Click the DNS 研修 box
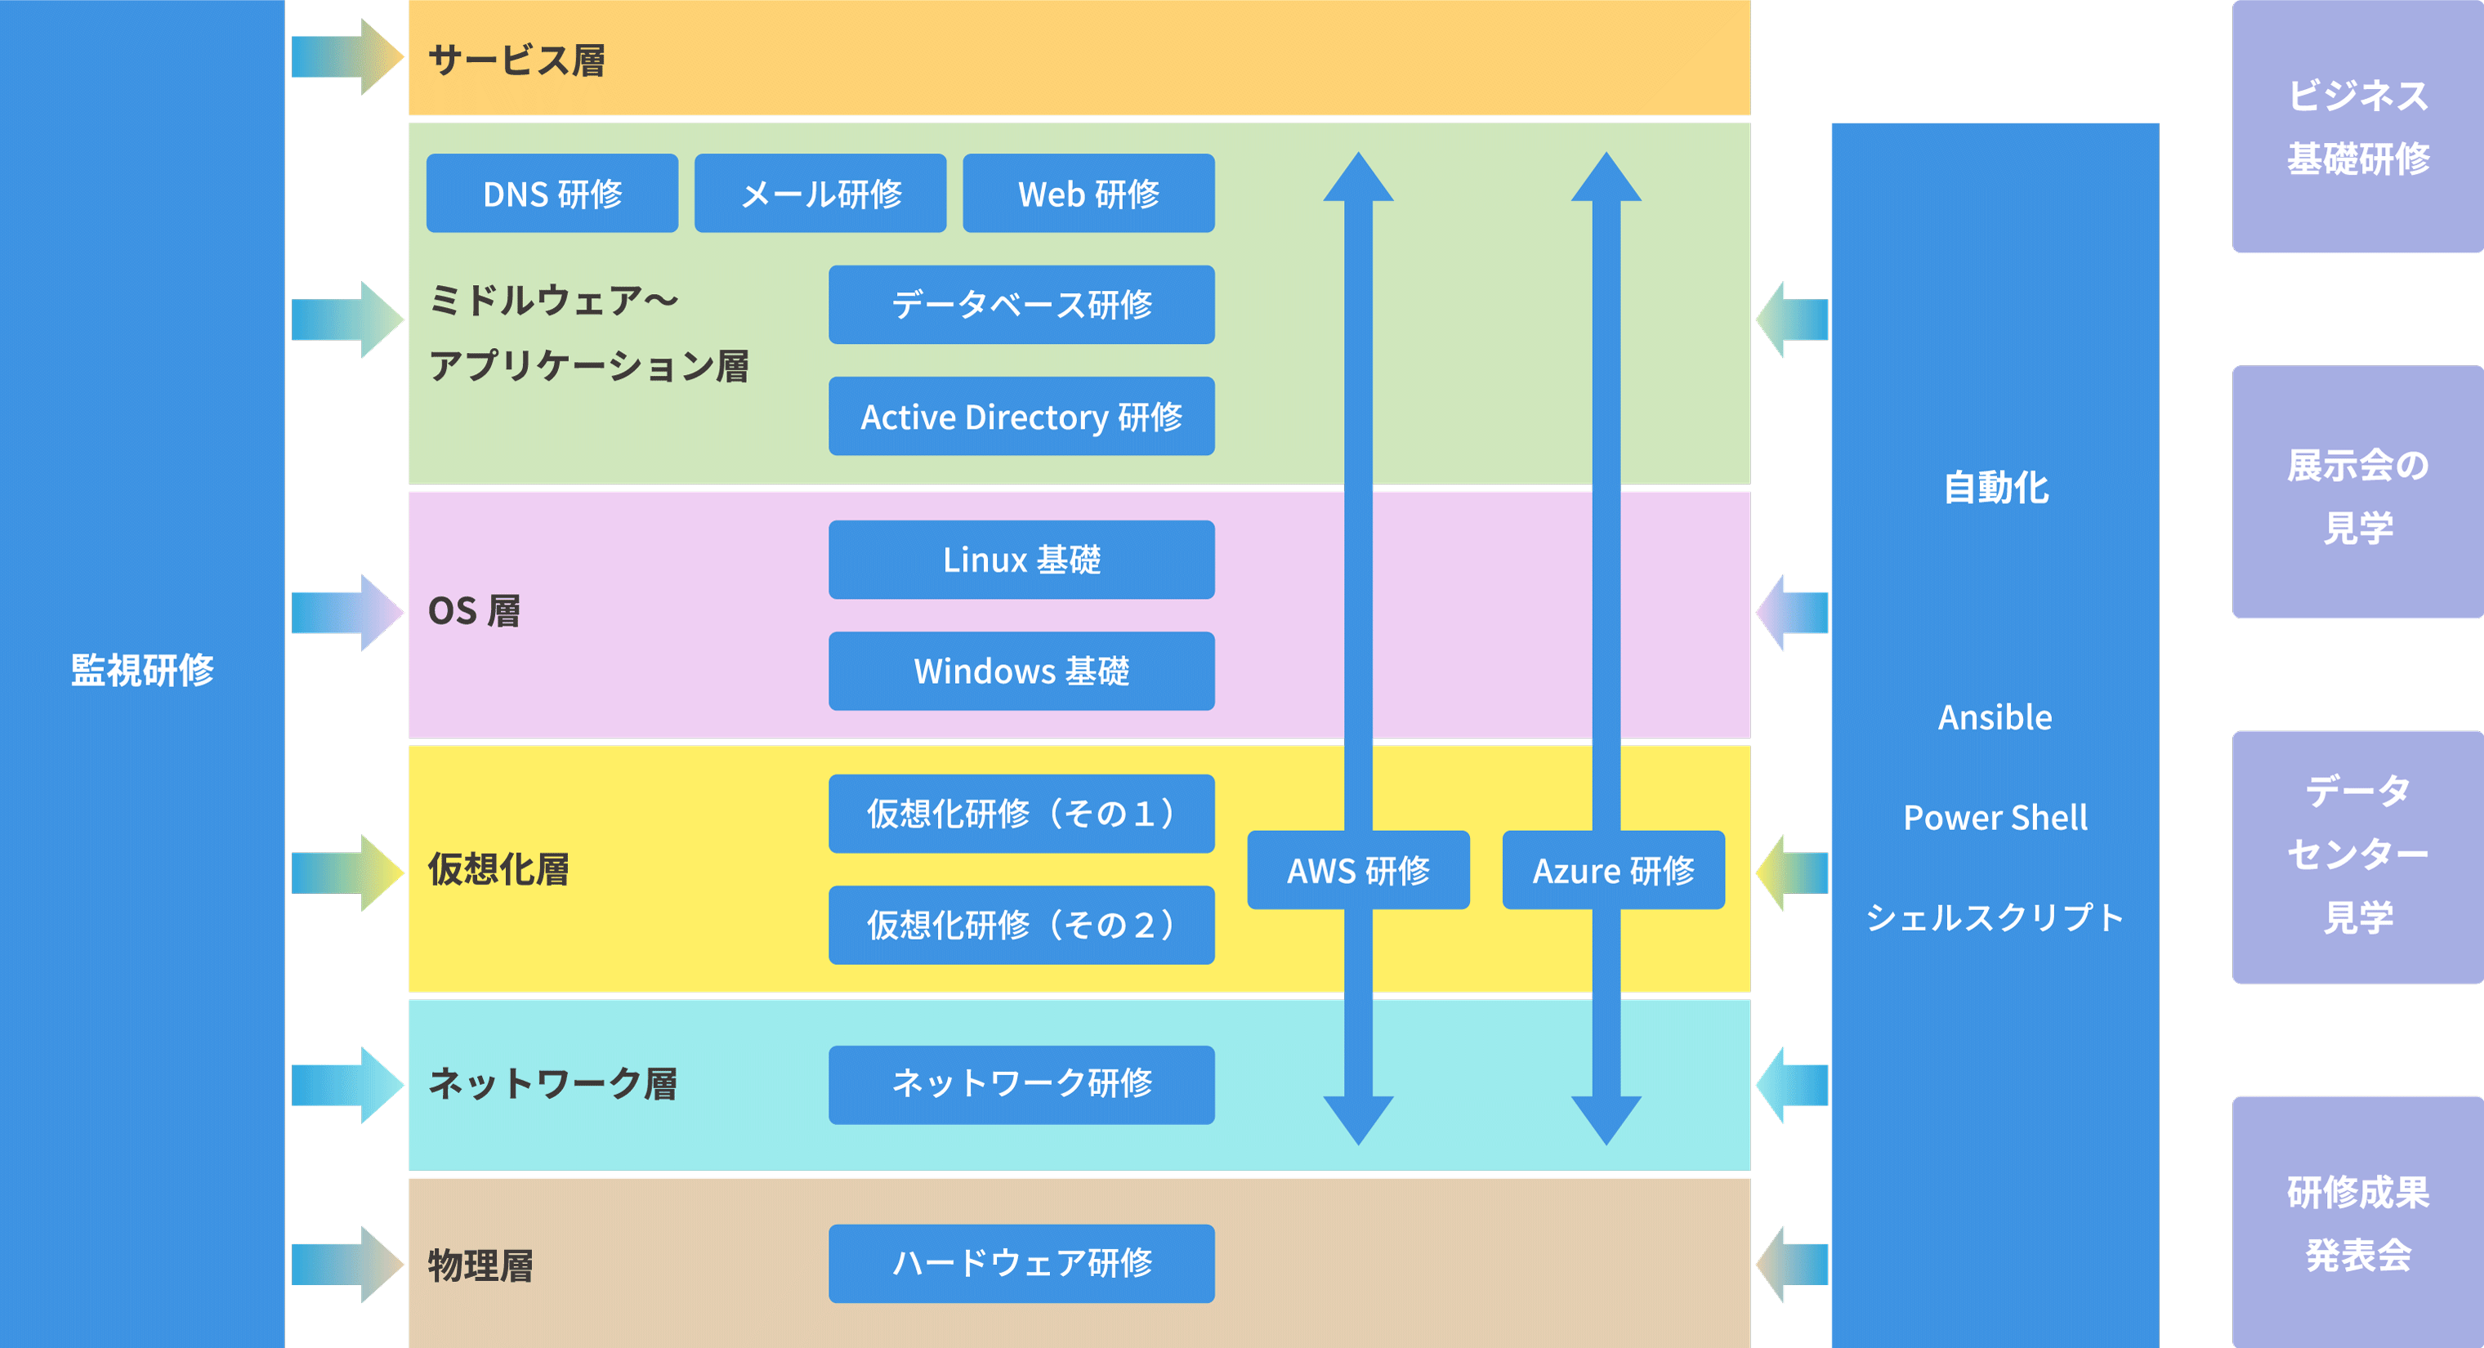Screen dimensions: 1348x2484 552,193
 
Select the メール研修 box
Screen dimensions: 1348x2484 820,193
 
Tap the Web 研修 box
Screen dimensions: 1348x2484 1088,193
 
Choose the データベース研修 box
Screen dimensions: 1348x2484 1021,305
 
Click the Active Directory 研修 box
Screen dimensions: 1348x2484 1021,417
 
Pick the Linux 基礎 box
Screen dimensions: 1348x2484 1021,560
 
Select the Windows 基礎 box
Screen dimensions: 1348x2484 1021,671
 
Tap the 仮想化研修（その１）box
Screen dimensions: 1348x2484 1021,813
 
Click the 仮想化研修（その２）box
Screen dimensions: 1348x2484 1021,925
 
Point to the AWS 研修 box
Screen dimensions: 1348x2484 1358,870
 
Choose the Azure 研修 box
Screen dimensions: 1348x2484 1612,870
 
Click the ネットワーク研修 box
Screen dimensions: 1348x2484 1021,1084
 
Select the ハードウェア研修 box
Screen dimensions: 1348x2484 1021,1263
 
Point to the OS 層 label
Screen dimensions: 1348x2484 473,611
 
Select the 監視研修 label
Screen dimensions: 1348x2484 141,670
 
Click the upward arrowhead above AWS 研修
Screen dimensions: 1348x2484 1358,178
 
